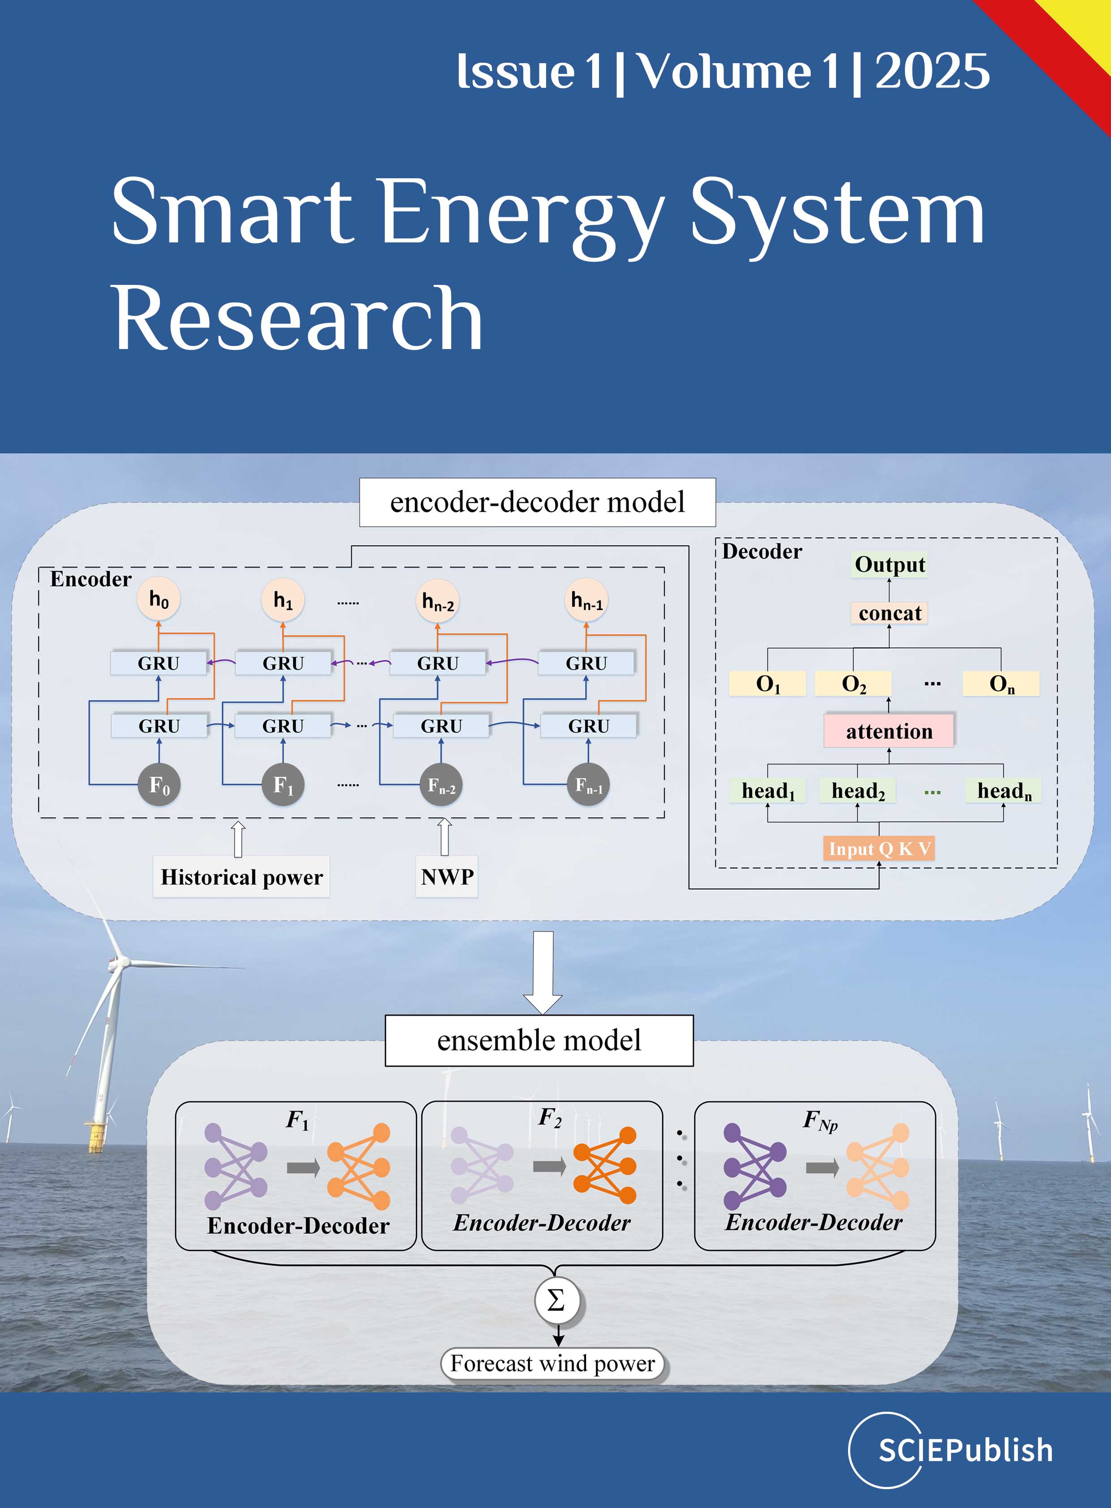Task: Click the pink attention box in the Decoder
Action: tap(888, 731)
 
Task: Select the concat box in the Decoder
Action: tap(889, 613)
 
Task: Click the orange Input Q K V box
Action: tap(879, 849)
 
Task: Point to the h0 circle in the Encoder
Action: tap(159, 599)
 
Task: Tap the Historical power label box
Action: tap(241, 876)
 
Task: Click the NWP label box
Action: tap(447, 876)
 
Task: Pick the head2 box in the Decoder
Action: tap(857, 790)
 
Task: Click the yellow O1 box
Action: tap(767, 683)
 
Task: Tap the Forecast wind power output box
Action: tap(552, 1363)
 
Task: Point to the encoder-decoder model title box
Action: tap(537, 502)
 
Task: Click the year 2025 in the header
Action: tap(932, 71)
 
